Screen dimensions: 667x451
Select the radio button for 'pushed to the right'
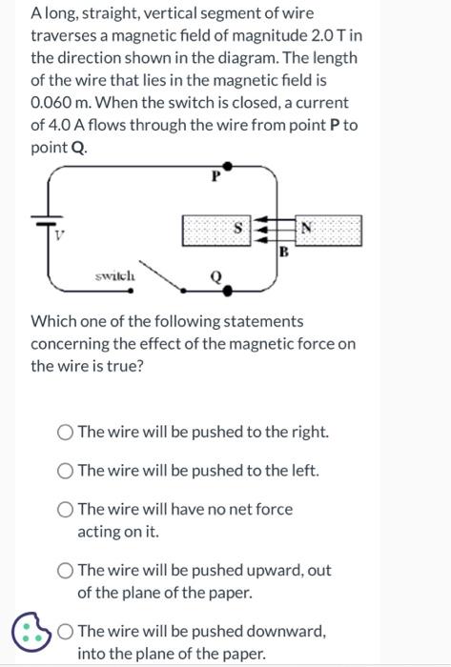click(66, 432)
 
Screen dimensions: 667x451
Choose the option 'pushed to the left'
click(66, 471)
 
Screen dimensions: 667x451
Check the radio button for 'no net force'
click(66, 510)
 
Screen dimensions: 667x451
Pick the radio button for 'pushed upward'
click(66, 571)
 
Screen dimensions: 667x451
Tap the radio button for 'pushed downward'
click(66, 632)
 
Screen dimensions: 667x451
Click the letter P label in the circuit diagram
click(215, 176)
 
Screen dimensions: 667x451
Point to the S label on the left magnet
click(249, 228)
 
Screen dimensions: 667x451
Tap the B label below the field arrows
click(283, 253)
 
